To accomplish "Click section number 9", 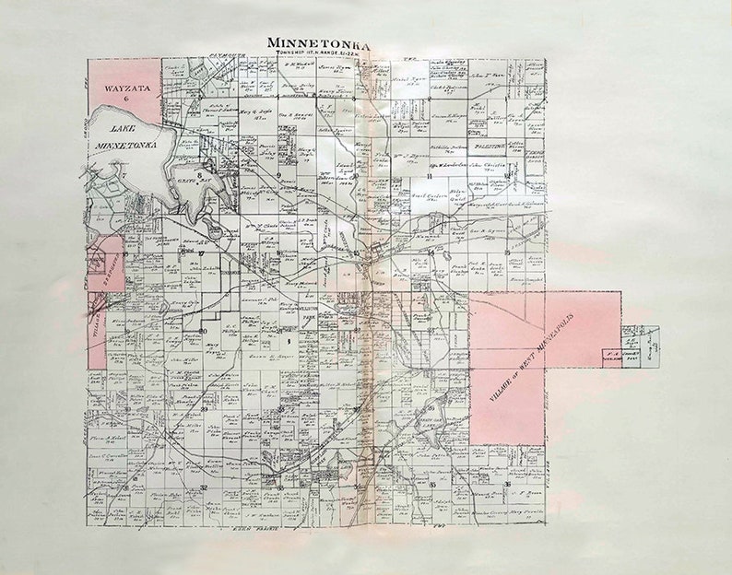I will (x=277, y=174).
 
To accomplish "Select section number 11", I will (x=430, y=174).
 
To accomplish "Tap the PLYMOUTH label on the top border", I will (x=230, y=56).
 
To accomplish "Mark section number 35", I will (x=431, y=483).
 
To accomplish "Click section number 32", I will (x=202, y=487).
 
